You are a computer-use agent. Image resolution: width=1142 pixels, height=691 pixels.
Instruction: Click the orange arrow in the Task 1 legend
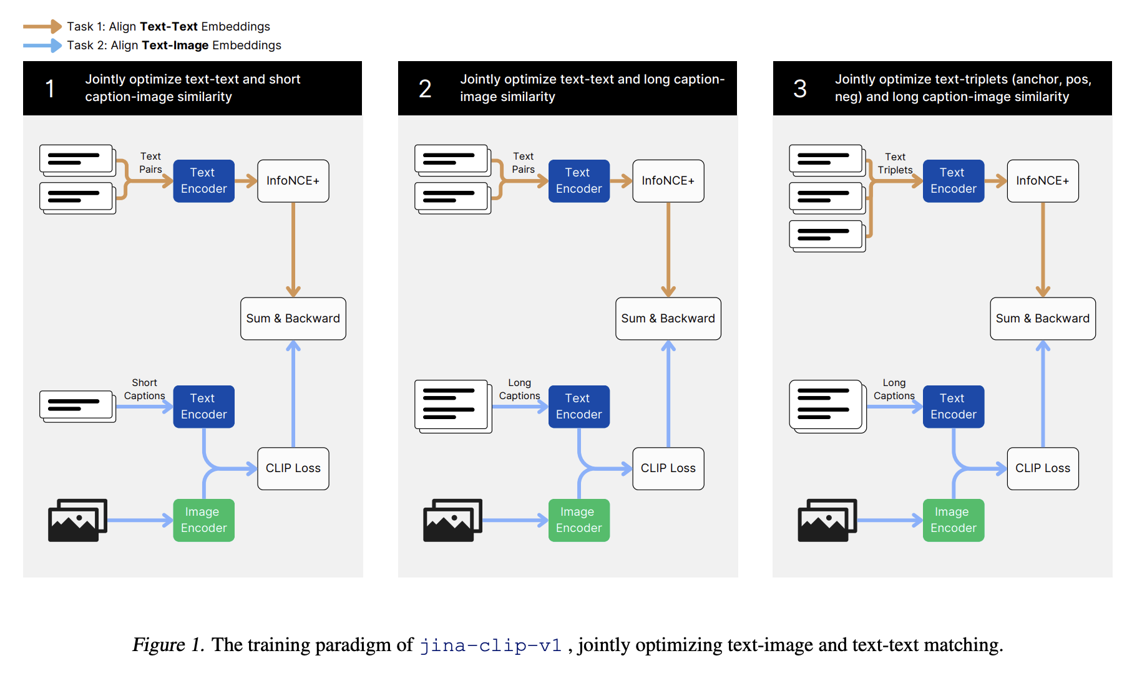pyautogui.click(x=42, y=26)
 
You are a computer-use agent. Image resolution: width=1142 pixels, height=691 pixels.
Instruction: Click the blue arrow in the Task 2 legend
pyautogui.click(x=42, y=45)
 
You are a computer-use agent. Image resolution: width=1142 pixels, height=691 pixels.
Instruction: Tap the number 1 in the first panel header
pyautogui.click(x=50, y=89)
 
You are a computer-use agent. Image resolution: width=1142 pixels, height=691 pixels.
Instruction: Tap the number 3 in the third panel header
pyautogui.click(x=799, y=89)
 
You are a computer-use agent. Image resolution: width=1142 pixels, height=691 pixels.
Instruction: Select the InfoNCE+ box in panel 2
pyautogui.click(x=668, y=181)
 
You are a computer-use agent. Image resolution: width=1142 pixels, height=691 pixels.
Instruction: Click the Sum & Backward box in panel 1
pyautogui.click(x=293, y=319)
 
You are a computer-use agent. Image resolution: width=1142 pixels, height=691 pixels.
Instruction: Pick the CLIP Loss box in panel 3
pyautogui.click(x=1042, y=468)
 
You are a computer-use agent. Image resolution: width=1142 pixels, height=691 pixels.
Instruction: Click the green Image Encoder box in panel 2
pyautogui.click(x=578, y=520)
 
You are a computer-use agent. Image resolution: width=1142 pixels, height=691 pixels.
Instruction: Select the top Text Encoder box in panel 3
pyautogui.click(x=953, y=181)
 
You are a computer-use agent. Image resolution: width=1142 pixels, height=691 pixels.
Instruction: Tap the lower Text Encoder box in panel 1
pyautogui.click(x=203, y=407)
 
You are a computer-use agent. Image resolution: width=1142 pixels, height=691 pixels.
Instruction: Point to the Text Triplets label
pyautogui.click(x=895, y=163)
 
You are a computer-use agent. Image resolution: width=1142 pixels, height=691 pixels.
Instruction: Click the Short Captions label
pyautogui.click(x=144, y=389)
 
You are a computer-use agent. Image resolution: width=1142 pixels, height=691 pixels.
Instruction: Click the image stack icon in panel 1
pyautogui.click(x=77, y=520)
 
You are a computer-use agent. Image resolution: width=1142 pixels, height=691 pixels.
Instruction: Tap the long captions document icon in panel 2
pyautogui.click(x=452, y=406)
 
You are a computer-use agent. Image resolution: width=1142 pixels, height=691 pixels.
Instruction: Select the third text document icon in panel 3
pyautogui.click(x=827, y=236)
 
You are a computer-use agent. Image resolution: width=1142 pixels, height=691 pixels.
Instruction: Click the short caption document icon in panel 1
pyautogui.click(x=77, y=406)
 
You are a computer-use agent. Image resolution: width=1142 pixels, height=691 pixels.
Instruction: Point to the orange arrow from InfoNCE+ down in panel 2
pyautogui.click(x=668, y=249)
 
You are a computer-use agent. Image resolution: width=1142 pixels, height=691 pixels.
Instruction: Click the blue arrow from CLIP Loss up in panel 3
pyautogui.click(x=1042, y=393)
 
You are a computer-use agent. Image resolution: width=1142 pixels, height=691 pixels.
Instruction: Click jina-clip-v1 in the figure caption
pyautogui.click(x=490, y=645)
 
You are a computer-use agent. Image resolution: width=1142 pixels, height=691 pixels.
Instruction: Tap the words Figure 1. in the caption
pyautogui.click(x=168, y=645)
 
